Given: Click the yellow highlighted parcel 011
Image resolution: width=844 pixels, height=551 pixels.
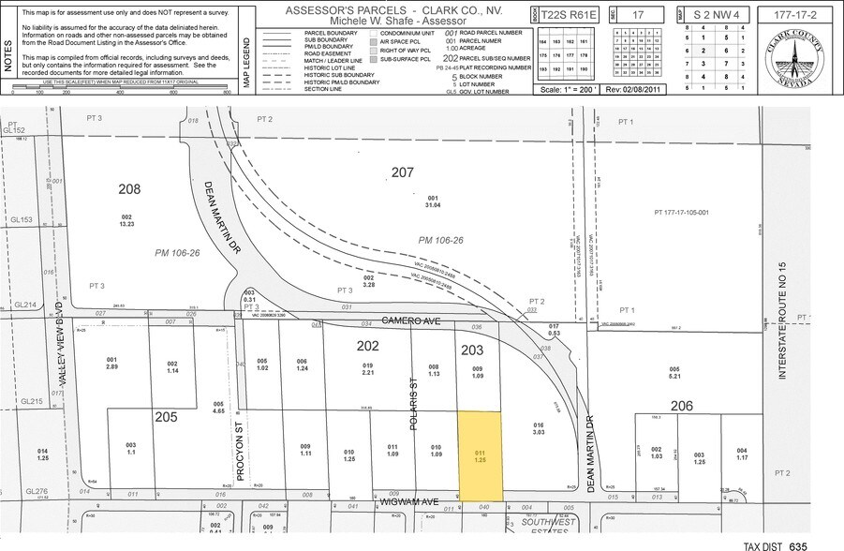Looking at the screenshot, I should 479,456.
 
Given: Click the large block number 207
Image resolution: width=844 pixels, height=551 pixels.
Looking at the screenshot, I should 402,172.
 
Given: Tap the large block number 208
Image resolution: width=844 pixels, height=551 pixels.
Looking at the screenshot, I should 129,189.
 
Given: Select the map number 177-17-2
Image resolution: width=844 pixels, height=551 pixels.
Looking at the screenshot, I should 799,16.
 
